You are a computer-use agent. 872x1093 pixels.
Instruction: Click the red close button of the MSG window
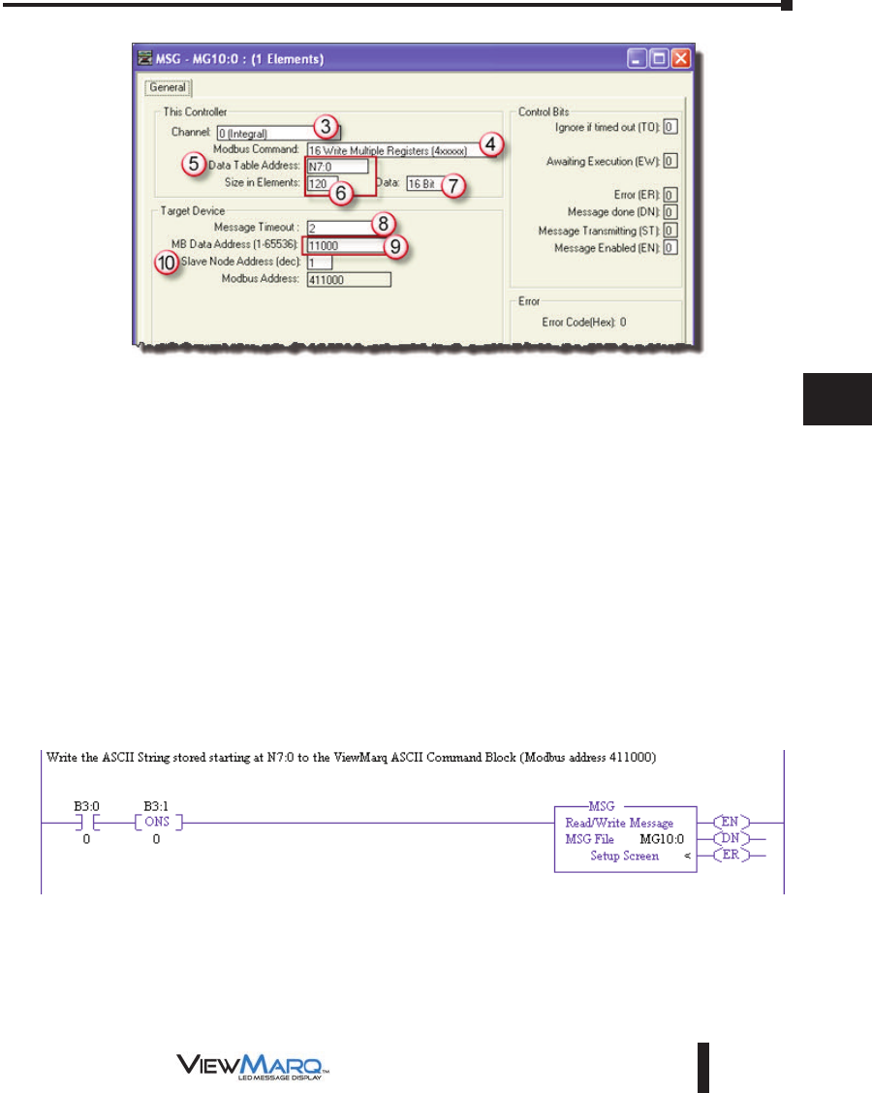tap(681, 59)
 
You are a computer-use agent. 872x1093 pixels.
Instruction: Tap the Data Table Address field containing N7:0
tap(336, 166)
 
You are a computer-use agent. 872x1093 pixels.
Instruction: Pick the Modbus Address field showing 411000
tap(348, 279)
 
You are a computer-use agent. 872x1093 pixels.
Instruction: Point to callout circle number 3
tap(327, 126)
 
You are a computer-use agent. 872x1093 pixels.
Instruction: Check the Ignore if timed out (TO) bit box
tap(670, 127)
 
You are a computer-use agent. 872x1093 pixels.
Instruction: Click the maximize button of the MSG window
tap(659, 59)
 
